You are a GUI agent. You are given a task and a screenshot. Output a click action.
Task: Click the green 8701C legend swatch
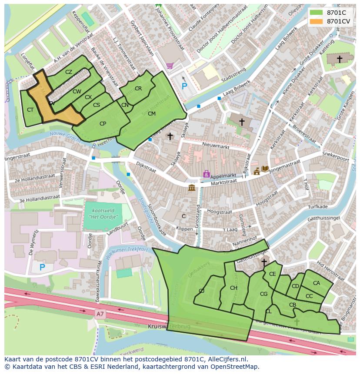[x=317, y=13]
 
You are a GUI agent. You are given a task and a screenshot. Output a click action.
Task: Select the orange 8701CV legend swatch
[x=317, y=21]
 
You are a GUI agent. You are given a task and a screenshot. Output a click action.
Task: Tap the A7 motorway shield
[x=100, y=313]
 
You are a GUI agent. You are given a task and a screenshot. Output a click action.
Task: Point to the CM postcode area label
[x=151, y=114]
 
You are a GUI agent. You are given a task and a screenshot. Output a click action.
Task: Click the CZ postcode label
[x=69, y=72]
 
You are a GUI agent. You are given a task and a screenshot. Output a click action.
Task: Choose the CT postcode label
[x=30, y=110]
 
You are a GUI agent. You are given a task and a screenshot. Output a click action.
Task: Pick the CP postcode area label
[x=103, y=124]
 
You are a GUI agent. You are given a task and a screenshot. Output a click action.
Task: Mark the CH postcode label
[x=233, y=288]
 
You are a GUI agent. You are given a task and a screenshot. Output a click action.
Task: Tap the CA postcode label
[x=316, y=283]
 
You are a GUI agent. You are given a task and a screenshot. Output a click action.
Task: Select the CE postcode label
[x=273, y=274]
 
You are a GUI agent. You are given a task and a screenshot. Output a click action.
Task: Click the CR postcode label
[x=138, y=89]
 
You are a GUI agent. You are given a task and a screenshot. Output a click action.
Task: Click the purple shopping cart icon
[x=169, y=66]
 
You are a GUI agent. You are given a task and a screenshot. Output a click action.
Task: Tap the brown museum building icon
[x=192, y=188]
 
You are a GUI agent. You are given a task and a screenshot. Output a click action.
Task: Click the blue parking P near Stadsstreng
[x=184, y=86]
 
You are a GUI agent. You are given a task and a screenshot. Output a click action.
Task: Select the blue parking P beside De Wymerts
[x=42, y=267]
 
